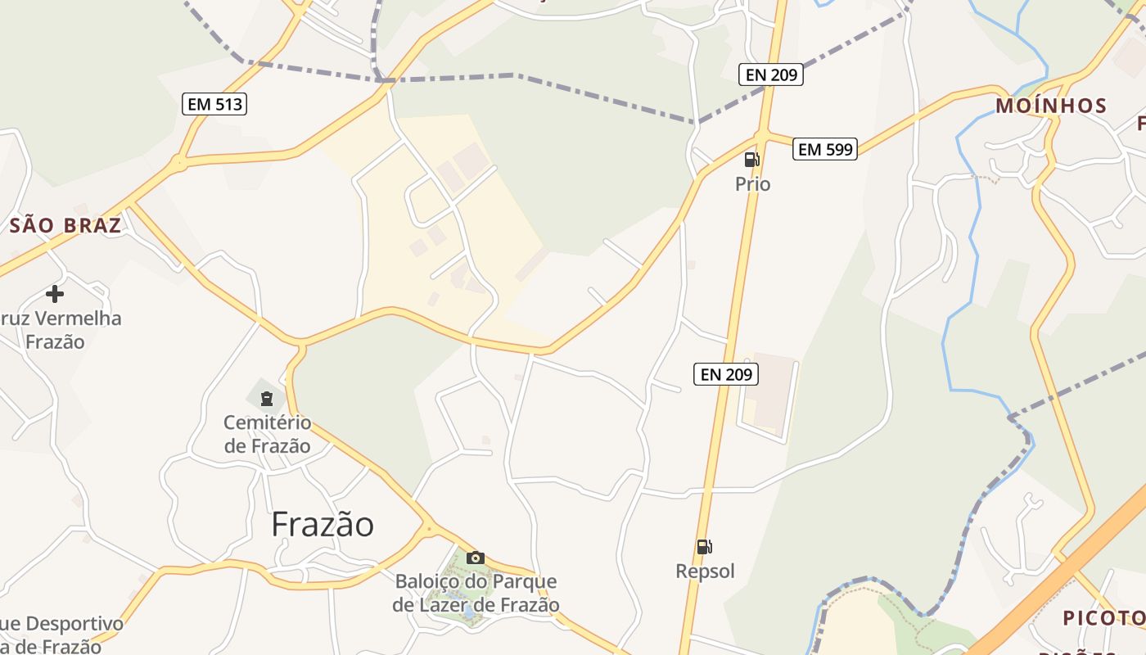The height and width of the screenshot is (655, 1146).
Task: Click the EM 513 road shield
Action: click(214, 104)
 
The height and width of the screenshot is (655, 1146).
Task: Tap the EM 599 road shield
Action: click(825, 149)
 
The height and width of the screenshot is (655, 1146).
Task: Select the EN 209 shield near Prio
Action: click(770, 75)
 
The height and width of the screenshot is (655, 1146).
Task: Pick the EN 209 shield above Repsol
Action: click(726, 374)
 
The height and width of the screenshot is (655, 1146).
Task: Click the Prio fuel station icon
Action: click(751, 160)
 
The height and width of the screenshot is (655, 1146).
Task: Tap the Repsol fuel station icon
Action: click(704, 547)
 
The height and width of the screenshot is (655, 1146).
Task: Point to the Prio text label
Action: click(752, 184)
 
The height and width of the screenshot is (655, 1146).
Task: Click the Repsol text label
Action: click(705, 571)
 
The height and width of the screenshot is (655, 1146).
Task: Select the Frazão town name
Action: click(323, 524)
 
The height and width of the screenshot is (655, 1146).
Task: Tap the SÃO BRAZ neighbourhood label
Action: click(65, 225)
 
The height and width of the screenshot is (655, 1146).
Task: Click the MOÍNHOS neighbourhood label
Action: click(1051, 106)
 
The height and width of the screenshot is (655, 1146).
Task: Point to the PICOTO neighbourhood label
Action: click(1103, 617)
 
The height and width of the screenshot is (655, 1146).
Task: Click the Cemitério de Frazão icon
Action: click(266, 399)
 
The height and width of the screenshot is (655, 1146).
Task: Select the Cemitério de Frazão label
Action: click(268, 434)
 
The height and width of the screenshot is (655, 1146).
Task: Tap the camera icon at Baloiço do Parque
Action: click(475, 558)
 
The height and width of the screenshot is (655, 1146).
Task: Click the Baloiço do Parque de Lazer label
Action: click(476, 593)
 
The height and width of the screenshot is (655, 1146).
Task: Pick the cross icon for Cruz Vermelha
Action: click(55, 293)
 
